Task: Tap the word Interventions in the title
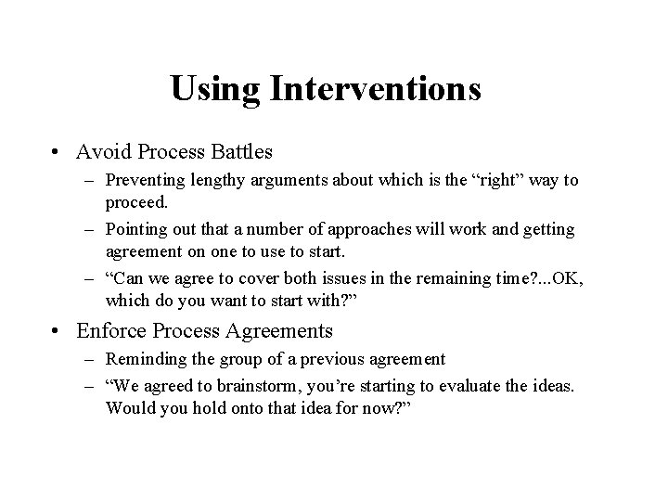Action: [374, 89]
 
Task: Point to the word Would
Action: [129, 408]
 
